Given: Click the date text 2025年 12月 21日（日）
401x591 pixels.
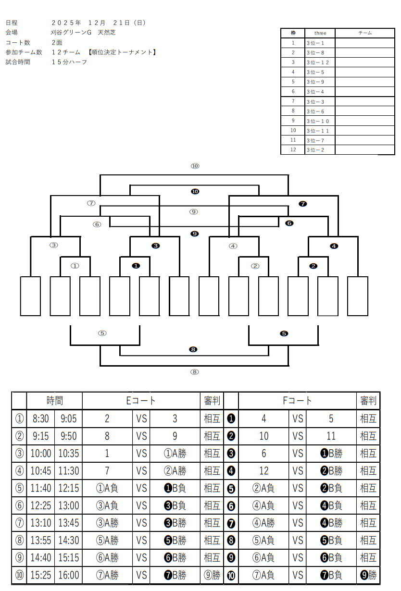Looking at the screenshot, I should (x=98, y=23).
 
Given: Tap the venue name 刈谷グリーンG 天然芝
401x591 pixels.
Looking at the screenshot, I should (x=83, y=33).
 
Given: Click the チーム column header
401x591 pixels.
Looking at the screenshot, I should (x=365, y=33).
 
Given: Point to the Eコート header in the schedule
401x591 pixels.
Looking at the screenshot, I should (x=141, y=400).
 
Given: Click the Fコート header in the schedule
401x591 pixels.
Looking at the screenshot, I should (x=297, y=400).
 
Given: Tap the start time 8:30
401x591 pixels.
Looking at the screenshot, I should (x=40, y=419).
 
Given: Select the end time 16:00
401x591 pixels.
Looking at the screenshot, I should (x=68, y=575).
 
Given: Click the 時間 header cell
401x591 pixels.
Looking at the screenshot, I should (x=54, y=400).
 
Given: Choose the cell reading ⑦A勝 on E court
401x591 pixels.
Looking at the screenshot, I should (x=107, y=575).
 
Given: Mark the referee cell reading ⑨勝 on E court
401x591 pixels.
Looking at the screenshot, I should (x=212, y=575).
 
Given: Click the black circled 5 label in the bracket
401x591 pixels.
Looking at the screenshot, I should (x=284, y=333).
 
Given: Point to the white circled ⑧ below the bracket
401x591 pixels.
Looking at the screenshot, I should (x=194, y=371).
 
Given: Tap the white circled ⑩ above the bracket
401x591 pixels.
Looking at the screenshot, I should (x=194, y=166).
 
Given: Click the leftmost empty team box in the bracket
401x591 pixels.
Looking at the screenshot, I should (x=30, y=296).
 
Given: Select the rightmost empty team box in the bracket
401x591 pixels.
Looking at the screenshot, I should (x=357, y=296).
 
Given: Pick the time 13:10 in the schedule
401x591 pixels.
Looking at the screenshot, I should (x=40, y=522).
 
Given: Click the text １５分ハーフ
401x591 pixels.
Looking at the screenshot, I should (x=70, y=62).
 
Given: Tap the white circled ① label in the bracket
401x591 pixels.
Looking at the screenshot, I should (x=75, y=266).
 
